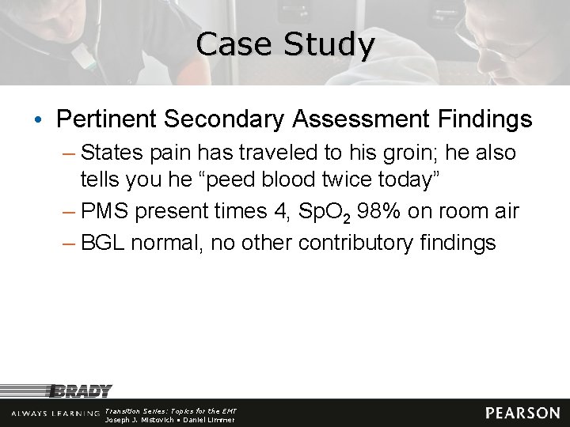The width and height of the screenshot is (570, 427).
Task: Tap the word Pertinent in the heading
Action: point(107,119)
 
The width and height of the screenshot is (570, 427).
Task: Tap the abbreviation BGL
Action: point(103,242)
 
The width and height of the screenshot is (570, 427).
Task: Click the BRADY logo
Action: point(81,391)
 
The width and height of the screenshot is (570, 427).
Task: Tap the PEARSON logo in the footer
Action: point(522,413)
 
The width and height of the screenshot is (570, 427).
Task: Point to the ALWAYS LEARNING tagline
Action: point(55,414)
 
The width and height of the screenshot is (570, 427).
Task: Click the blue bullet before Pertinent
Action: point(39,120)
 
